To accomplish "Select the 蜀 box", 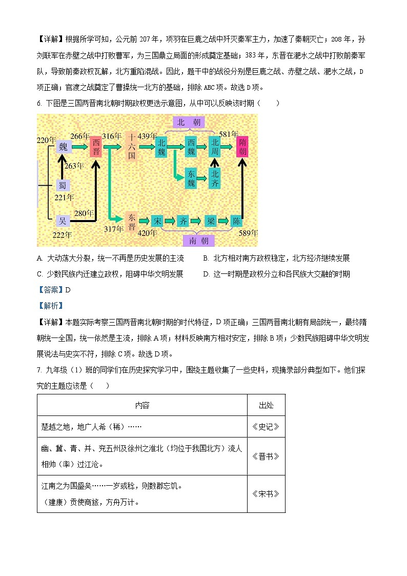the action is (x=63, y=185).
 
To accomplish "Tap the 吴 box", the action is (x=63, y=221).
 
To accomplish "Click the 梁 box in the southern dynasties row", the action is (x=211, y=221).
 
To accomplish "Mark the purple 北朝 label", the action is (x=189, y=122).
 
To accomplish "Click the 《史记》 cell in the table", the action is (x=266, y=427).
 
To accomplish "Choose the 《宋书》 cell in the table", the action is (x=266, y=494).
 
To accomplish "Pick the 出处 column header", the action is (x=266, y=405).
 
